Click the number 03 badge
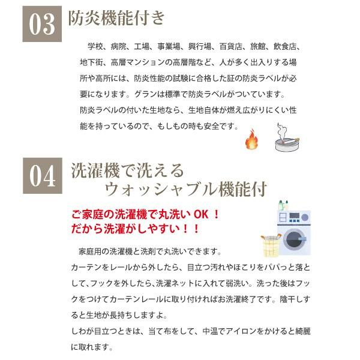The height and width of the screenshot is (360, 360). tap(42, 24)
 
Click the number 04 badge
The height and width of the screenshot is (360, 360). tap(43, 176)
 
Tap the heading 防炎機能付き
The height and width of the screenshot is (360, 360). tap(116, 17)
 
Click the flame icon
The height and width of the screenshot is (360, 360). tap(251, 139)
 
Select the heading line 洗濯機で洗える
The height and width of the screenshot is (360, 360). tap(128, 170)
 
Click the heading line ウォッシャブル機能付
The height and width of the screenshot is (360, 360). tap(186, 189)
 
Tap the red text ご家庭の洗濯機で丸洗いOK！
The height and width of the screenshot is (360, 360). tap(146, 214)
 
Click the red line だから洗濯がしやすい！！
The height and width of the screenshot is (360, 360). tap(135, 229)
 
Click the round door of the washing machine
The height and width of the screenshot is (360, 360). tap(293, 239)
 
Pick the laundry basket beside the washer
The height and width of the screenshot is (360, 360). tap(271, 245)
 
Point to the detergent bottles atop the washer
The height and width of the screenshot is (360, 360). tap(283, 205)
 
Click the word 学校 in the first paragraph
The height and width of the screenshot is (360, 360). tap(95, 47)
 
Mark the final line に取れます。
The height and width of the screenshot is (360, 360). tap(92, 347)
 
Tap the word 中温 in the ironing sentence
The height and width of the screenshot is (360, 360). tap(210, 331)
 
